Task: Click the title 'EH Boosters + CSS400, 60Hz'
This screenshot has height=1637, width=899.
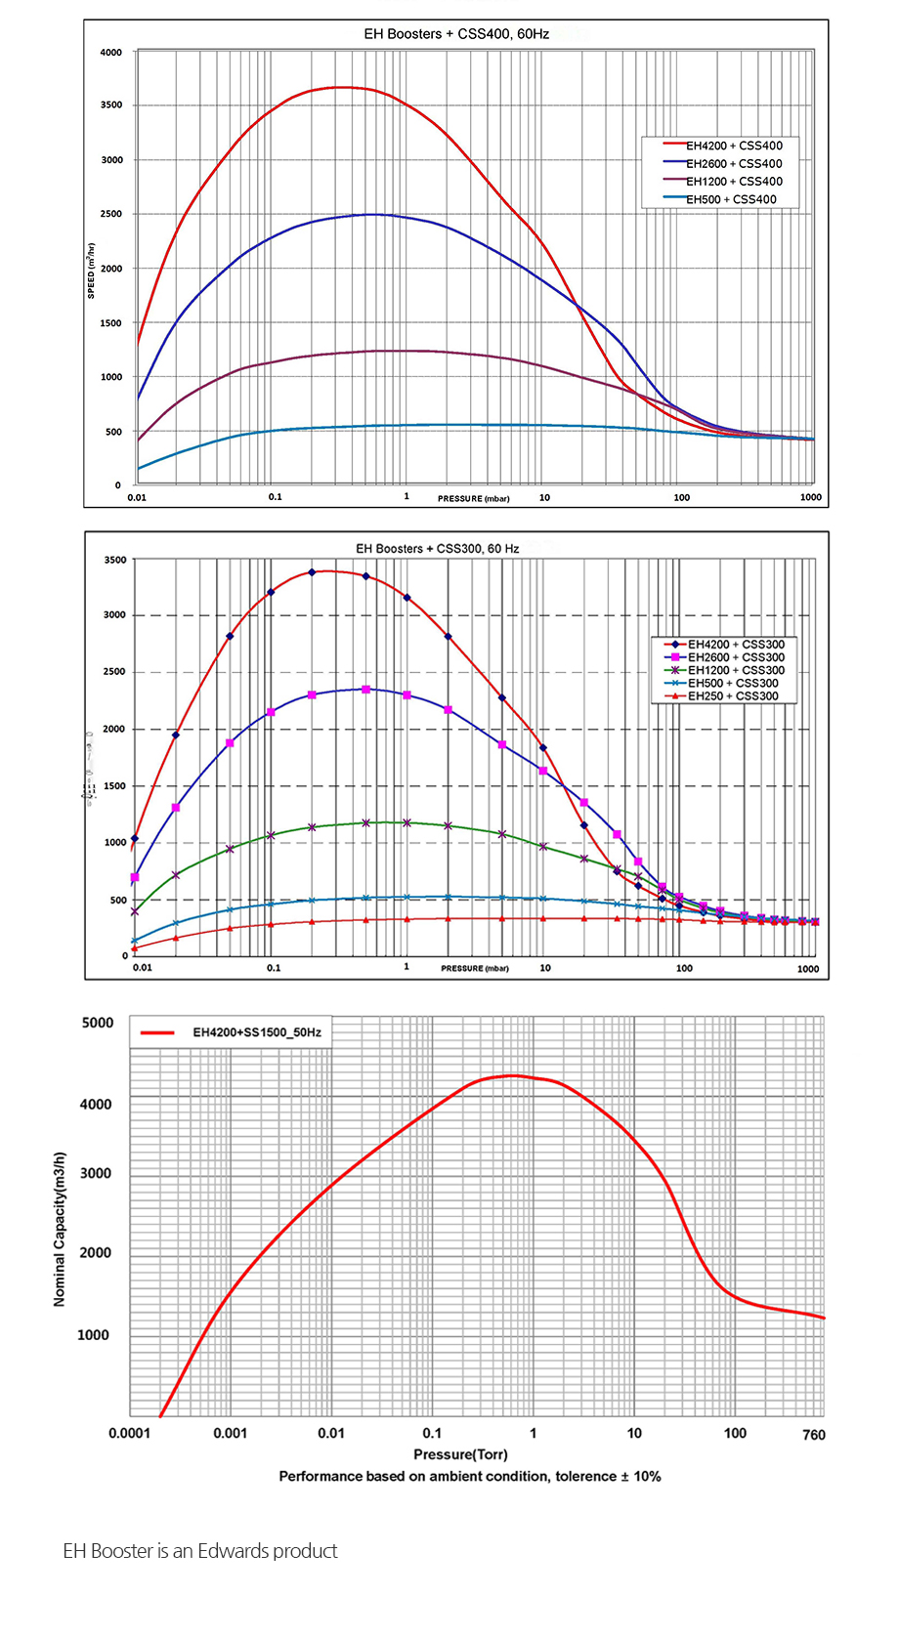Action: pos(456,34)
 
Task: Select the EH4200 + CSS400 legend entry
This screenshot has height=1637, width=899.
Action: pos(733,146)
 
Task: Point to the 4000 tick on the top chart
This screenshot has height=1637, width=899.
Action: pos(111,53)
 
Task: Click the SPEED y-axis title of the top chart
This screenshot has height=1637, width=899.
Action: pos(92,270)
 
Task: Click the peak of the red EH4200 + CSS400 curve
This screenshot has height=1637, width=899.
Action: pos(338,87)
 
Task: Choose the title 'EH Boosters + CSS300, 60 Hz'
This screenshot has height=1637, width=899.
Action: pos(437,549)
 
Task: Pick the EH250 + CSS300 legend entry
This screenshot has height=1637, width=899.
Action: pos(732,696)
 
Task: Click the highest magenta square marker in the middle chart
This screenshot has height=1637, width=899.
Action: pos(365,690)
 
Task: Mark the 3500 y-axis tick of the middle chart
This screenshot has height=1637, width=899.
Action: pos(115,561)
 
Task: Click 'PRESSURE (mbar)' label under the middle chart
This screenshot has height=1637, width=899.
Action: pos(475,969)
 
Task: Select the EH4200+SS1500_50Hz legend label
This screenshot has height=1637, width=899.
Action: pos(256,1032)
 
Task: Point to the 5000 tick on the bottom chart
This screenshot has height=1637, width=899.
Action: pos(98,1023)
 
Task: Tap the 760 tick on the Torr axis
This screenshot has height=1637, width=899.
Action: pos(813,1435)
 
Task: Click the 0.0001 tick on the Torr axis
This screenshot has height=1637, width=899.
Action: pos(129,1434)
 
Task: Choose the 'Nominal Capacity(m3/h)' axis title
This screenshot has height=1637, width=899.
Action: pos(60,1229)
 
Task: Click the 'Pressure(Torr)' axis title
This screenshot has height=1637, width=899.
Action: pos(460,1455)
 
